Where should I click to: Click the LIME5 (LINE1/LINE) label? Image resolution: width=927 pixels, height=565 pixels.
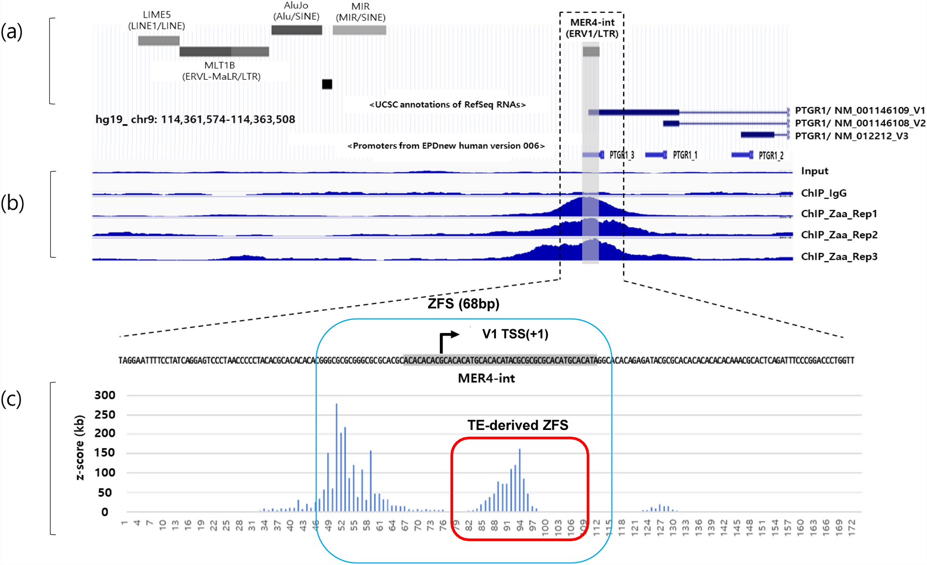point(157,20)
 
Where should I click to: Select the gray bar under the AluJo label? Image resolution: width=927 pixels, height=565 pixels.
point(296,30)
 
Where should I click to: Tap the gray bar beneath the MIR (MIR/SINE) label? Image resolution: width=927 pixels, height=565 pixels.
point(360,30)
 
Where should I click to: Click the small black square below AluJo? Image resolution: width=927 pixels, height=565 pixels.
point(327,84)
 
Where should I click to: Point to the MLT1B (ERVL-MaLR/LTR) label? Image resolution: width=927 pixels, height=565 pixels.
point(221,71)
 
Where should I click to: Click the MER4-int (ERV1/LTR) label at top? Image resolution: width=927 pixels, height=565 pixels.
point(592,28)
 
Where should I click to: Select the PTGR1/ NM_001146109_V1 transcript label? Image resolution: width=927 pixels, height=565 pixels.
point(859,111)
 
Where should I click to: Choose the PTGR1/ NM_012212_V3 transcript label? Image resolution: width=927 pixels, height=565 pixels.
point(851,136)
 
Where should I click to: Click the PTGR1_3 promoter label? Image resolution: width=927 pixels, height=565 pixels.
point(622,155)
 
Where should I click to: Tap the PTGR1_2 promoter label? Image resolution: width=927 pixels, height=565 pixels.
point(771,156)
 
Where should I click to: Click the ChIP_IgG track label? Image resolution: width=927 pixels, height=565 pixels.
point(823,193)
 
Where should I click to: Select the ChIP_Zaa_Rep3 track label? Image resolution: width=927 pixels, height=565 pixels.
point(839,256)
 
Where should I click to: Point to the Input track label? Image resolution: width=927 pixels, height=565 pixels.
point(814,171)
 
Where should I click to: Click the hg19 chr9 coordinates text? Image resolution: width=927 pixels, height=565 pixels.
point(195,119)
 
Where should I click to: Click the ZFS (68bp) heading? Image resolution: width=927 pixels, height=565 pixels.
point(463,304)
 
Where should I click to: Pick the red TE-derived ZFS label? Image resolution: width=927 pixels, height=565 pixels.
point(518,425)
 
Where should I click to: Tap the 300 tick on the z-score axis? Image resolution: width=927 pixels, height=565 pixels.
point(105,395)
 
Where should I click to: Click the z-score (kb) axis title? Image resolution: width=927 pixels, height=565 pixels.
point(80,447)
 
